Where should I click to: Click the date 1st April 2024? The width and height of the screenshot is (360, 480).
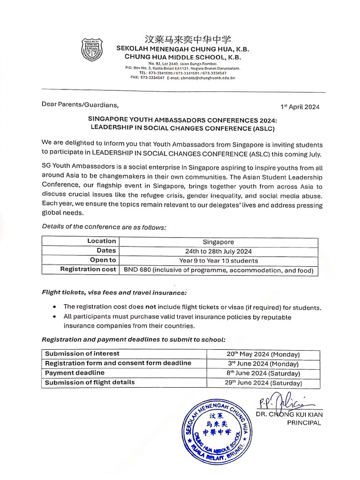(x=300, y=107)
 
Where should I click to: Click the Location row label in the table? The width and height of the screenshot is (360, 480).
(x=101, y=241)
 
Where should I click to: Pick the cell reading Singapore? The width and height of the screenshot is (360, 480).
(x=218, y=242)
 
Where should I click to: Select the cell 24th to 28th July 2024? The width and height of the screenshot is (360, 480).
(x=218, y=251)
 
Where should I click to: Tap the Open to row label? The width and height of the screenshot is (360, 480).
(x=103, y=260)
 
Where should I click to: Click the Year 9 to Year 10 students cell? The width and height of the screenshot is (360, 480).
(x=218, y=261)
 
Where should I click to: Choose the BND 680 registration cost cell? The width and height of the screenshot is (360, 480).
(x=218, y=270)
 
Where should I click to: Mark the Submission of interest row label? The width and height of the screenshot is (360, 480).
(x=82, y=353)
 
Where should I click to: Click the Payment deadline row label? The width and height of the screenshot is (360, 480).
(x=75, y=373)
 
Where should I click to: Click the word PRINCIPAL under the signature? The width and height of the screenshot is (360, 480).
(x=303, y=423)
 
